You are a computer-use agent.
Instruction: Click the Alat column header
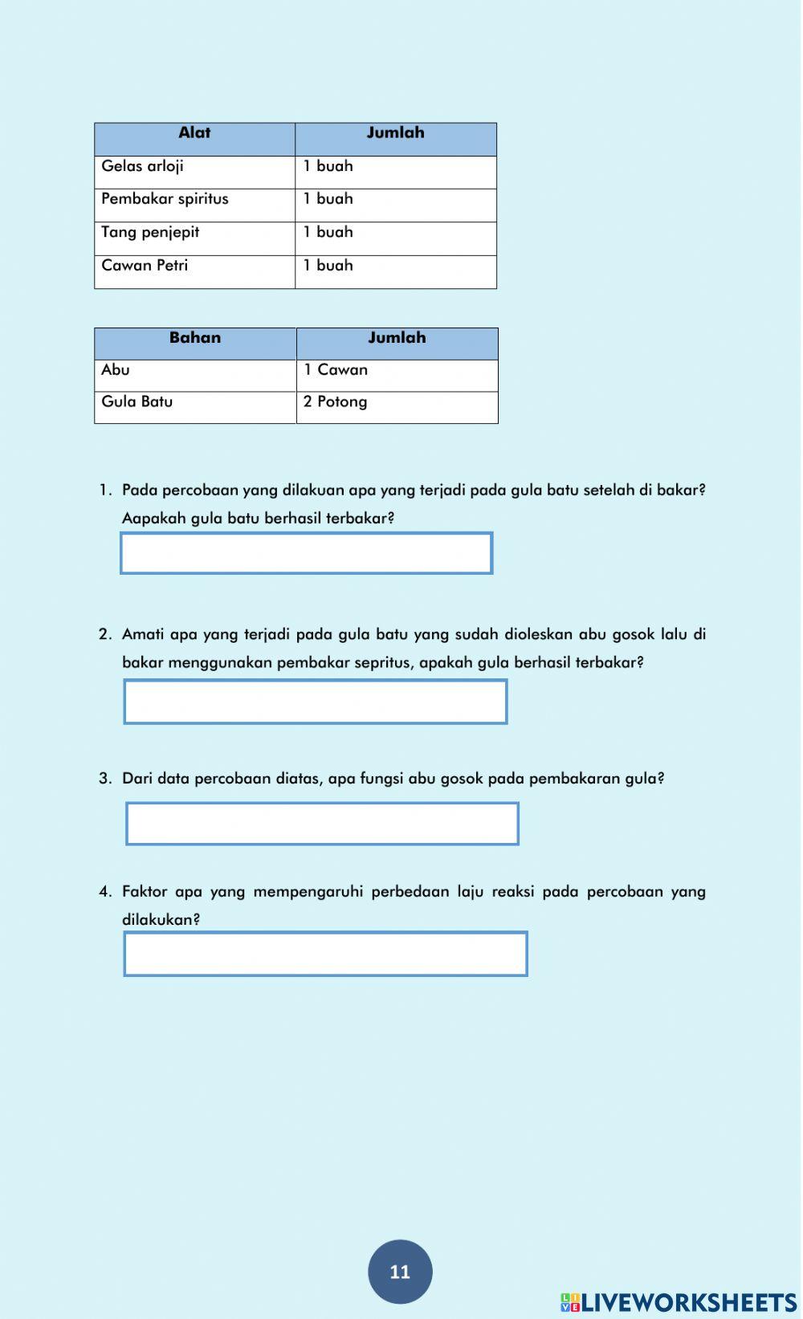(194, 133)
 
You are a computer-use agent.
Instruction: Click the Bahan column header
(195, 338)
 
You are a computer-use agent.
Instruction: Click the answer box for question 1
(306, 553)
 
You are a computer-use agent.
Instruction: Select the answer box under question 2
(316, 702)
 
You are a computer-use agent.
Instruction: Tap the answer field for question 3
(322, 824)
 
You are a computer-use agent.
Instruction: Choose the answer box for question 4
(325, 954)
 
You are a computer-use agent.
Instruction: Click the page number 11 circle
(400, 1272)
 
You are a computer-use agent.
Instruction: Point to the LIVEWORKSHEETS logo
(679, 1302)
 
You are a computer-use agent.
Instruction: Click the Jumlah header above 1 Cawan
(397, 338)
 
